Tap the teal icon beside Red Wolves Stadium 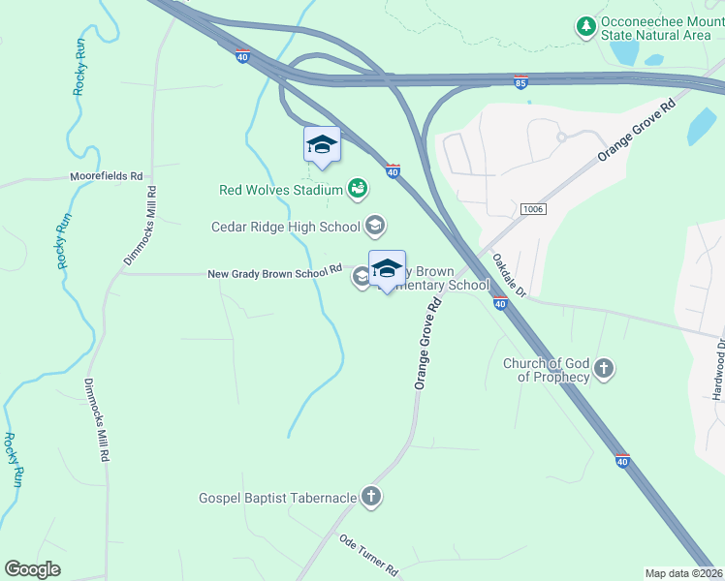(358, 187)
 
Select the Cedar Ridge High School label (286, 227)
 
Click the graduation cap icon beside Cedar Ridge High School (375, 227)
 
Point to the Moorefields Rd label (106, 177)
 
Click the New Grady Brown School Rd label (275, 273)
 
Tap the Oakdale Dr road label (507, 276)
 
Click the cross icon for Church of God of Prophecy (604, 368)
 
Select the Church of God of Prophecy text (546, 370)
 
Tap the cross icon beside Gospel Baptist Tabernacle (370, 498)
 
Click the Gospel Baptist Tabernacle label (277, 498)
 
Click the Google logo (32, 569)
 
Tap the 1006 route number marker (532, 209)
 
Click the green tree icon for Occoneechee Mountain (585, 26)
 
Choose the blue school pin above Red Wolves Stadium (322, 146)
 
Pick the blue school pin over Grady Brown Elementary (387, 269)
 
